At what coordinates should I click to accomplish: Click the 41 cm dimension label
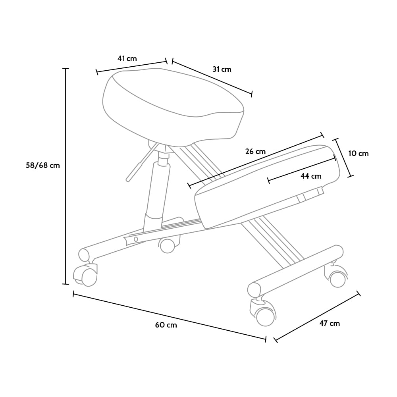point(127,59)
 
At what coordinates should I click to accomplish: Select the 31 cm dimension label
point(222,69)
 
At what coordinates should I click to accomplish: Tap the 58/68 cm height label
point(43,165)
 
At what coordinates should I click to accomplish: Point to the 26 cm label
point(255,152)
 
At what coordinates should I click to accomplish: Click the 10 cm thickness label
point(358,153)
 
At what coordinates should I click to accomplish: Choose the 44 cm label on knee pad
point(311,176)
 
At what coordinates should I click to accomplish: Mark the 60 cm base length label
point(166,325)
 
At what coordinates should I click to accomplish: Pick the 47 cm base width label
point(330,323)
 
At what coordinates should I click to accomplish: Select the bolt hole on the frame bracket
point(136,239)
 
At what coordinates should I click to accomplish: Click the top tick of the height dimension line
point(66,68)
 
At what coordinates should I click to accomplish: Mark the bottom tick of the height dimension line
point(66,284)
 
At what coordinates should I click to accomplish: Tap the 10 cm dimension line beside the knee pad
point(343,158)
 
